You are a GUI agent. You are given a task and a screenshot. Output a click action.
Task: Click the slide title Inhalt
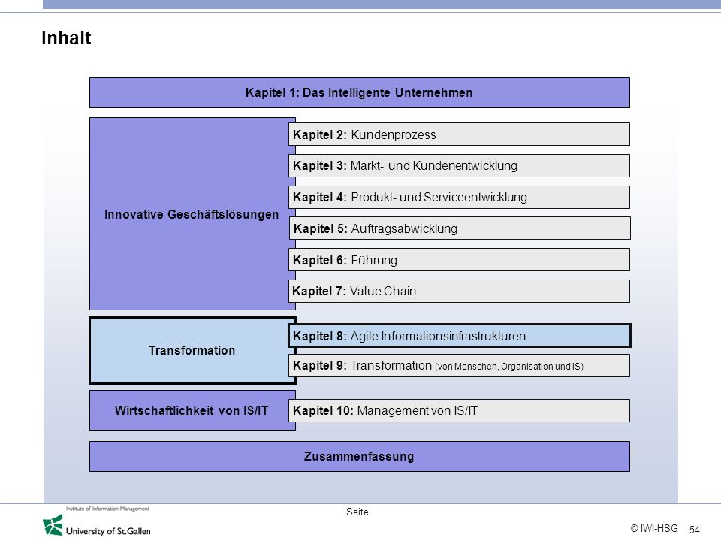(x=66, y=38)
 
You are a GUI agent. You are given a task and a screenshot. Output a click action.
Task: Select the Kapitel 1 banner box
(x=360, y=93)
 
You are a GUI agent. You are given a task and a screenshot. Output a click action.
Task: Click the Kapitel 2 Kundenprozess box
(x=460, y=134)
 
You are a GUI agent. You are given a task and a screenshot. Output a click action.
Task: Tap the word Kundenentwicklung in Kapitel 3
(x=465, y=165)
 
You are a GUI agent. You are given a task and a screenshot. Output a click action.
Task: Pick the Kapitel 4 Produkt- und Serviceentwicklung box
(x=460, y=198)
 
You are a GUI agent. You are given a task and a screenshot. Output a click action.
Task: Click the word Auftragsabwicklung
(x=404, y=228)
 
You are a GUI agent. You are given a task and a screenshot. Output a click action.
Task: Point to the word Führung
(x=374, y=260)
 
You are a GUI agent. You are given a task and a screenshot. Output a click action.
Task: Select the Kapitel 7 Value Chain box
(x=460, y=292)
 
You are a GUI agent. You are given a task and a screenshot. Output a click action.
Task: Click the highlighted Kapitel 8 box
(x=460, y=336)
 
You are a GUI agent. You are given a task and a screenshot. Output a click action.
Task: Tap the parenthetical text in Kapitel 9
(x=509, y=367)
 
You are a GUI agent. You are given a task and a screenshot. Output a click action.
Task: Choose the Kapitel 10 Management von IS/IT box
(x=460, y=410)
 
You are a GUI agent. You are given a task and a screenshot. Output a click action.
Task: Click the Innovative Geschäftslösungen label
(x=192, y=214)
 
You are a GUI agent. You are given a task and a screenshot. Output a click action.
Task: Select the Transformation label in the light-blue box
(x=192, y=351)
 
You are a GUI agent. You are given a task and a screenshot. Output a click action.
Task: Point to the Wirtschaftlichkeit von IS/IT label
(x=192, y=410)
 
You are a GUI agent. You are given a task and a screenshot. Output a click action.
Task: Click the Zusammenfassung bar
(x=360, y=456)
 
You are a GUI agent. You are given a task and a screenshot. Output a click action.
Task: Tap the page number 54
(x=694, y=530)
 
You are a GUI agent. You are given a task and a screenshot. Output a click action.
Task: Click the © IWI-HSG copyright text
(x=654, y=528)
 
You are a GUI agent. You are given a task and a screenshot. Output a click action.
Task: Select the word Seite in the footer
(x=357, y=512)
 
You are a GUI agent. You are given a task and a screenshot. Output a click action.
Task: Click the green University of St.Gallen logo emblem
(x=53, y=525)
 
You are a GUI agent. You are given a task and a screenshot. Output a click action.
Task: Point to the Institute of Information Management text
(x=107, y=509)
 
